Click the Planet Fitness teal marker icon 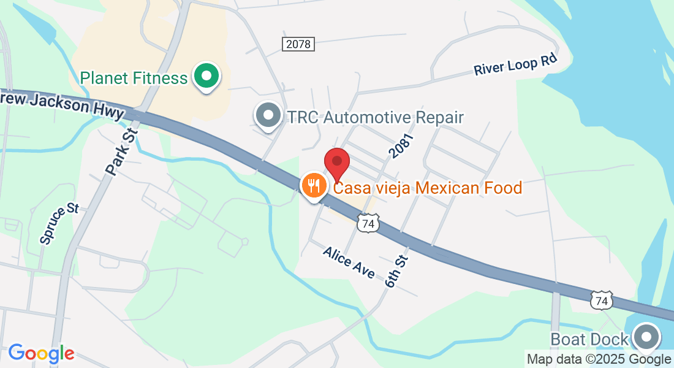click(207, 77)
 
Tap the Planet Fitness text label click(134, 79)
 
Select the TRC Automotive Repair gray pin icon click(268, 116)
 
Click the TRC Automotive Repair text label click(376, 117)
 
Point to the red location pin click(336, 163)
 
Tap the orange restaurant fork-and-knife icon click(314, 185)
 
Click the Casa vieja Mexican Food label click(427, 188)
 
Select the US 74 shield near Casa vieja click(368, 224)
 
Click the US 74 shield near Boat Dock click(601, 300)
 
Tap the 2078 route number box click(298, 44)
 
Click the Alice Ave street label click(349, 263)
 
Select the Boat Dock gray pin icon click(646, 337)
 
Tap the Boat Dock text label click(589, 339)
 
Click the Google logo click(41, 353)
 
